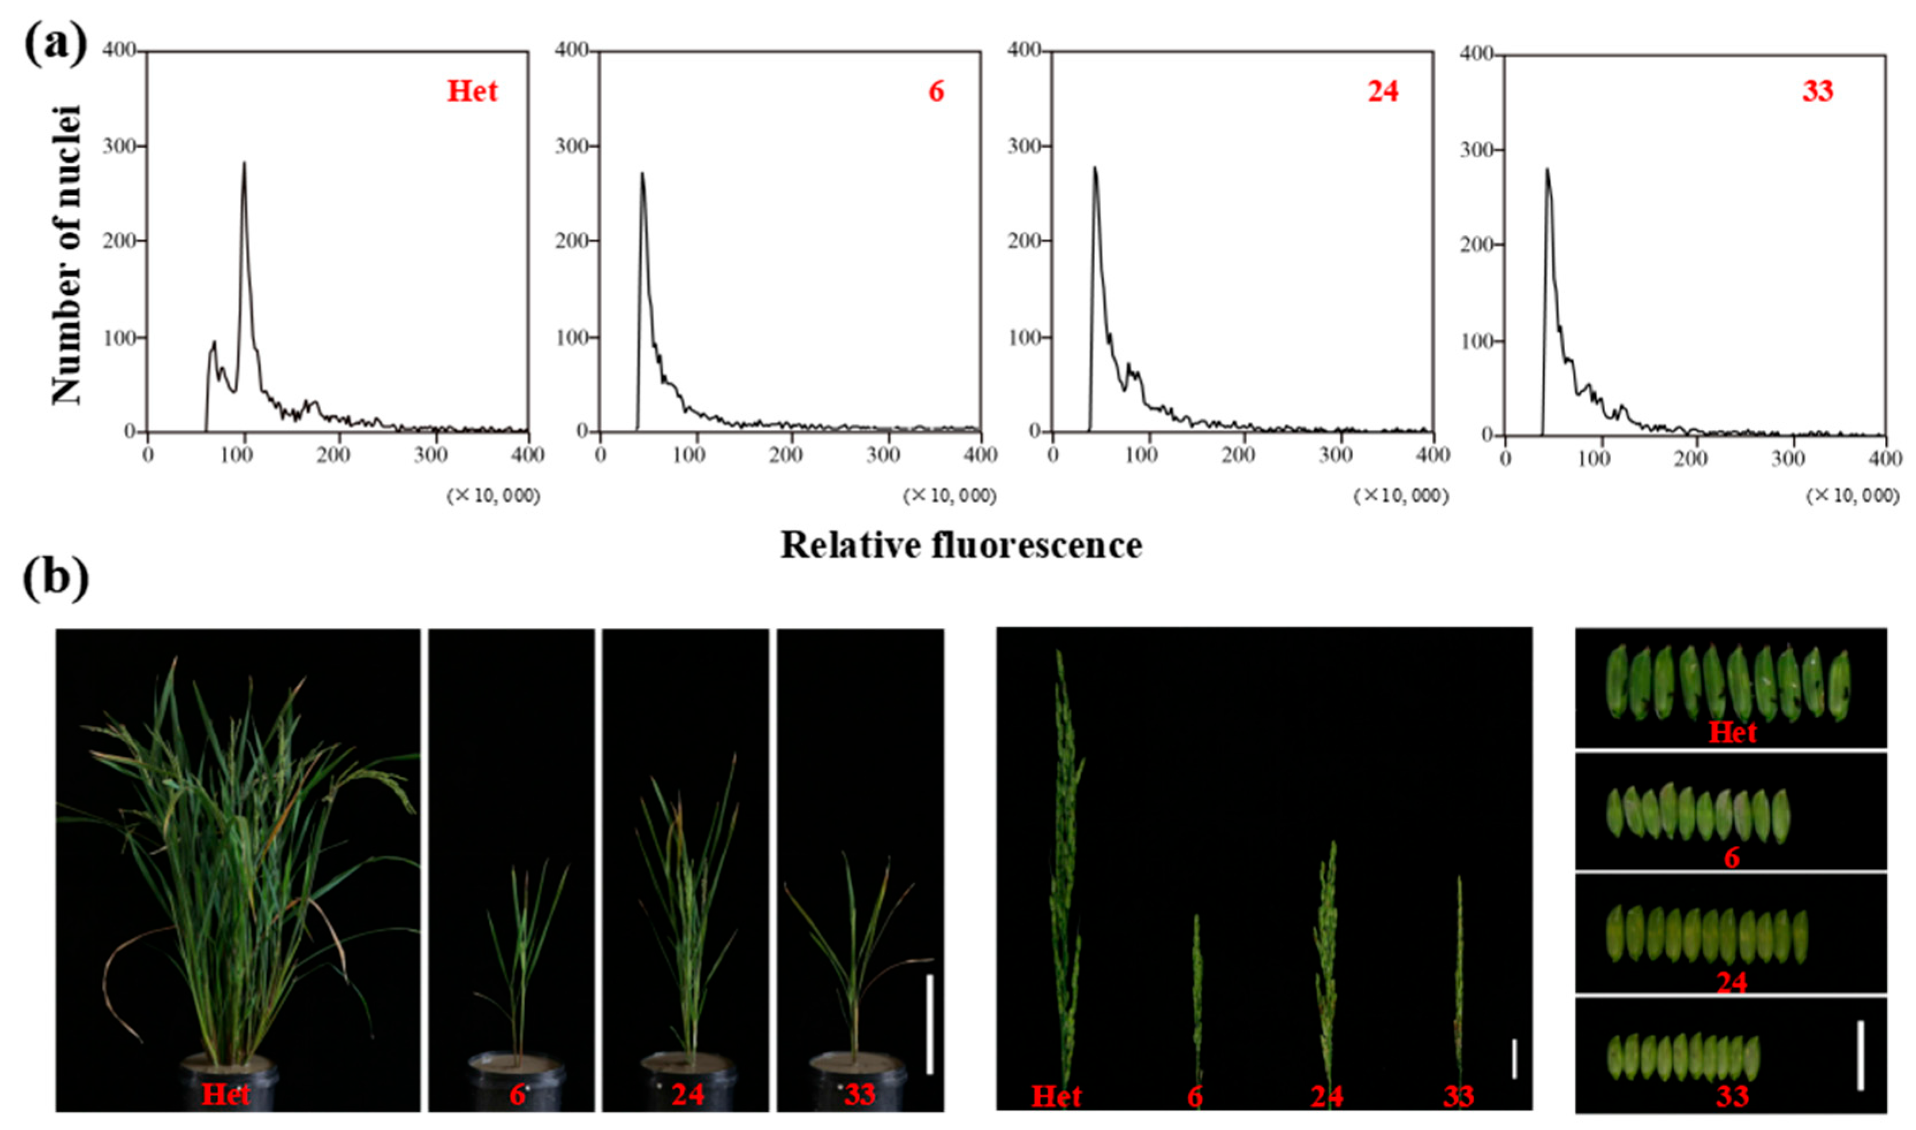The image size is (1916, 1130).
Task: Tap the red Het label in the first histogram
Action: [472, 91]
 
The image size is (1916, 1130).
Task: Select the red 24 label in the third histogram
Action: [1383, 91]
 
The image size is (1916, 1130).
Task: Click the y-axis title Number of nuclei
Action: [67, 255]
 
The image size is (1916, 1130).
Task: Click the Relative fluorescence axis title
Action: [961, 545]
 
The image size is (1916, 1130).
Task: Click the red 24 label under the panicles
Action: [1326, 1097]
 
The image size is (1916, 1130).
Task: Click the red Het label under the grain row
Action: [1732, 732]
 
